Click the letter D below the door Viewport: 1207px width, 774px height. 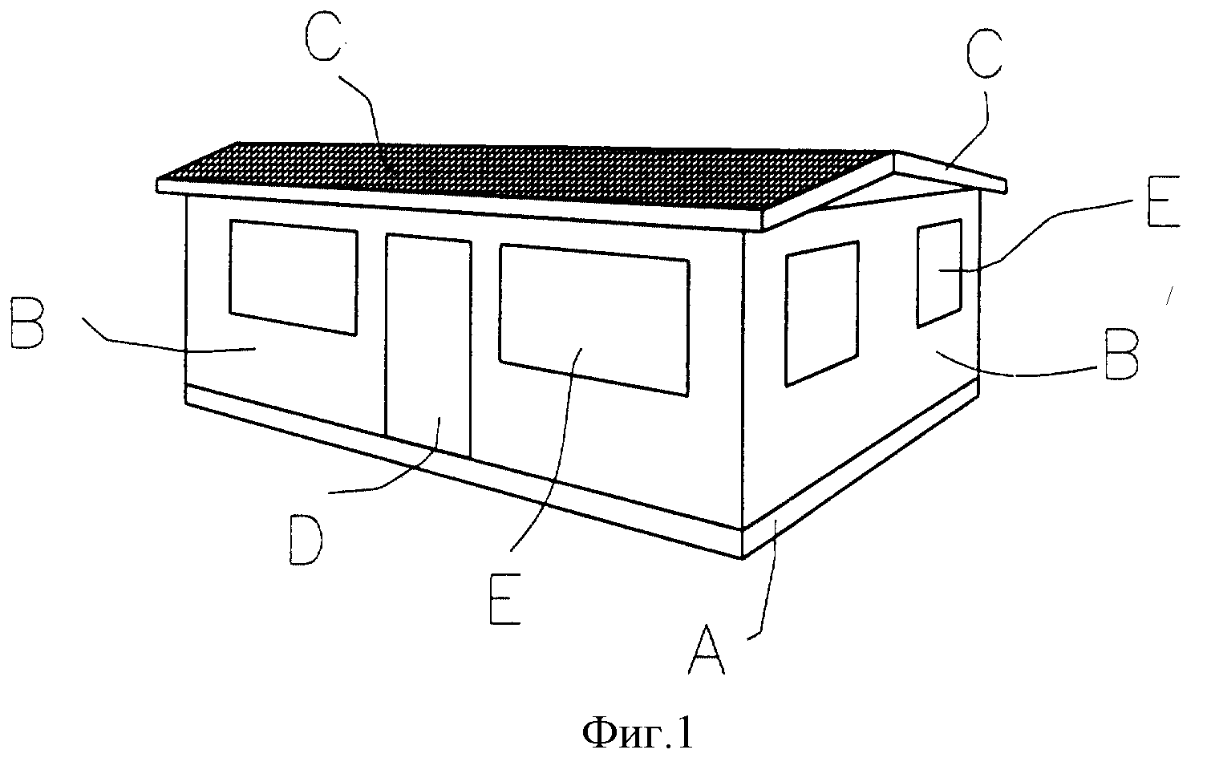point(306,540)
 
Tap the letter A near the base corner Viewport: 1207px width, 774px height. point(707,649)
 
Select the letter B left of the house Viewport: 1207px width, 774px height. point(26,322)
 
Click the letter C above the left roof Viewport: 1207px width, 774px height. point(322,34)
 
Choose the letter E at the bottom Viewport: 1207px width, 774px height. point(505,599)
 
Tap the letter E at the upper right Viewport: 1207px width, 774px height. point(1164,201)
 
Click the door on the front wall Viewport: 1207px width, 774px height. point(428,345)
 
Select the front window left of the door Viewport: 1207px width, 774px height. point(294,277)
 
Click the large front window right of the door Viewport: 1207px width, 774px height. point(593,320)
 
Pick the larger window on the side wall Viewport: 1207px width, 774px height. point(822,313)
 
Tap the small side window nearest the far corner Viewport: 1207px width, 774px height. point(939,273)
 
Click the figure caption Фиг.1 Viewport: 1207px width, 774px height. point(638,733)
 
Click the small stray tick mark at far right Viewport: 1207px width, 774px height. point(1170,296)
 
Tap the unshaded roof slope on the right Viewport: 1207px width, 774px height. point(950,172)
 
